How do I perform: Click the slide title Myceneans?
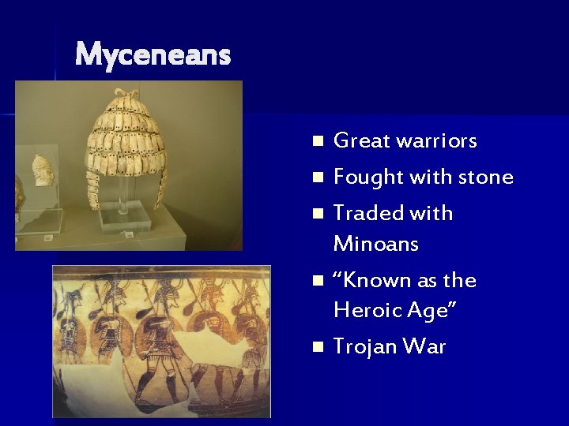click(153, 55)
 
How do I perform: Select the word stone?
click(483, 177)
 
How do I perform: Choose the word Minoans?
click(376, 244)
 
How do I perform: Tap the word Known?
click(375, 280)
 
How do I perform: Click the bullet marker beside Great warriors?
click(318, 142)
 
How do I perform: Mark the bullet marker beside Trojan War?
click(318, 347)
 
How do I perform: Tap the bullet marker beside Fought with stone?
click(318, 178)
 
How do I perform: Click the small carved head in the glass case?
click(41, 170)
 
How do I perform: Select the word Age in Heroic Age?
click(430, 311)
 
